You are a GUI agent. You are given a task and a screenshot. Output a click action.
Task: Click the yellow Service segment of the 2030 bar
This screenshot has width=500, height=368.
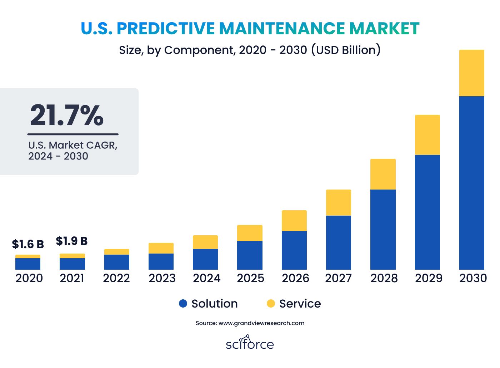click(472, 73)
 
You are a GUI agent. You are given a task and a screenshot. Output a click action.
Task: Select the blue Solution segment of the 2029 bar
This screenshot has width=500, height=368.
click(427, 212)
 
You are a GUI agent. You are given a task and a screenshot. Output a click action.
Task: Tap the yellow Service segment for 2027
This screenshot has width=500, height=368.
click(339, 202)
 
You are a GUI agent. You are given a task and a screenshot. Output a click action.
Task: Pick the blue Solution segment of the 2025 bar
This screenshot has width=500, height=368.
click(250, 255)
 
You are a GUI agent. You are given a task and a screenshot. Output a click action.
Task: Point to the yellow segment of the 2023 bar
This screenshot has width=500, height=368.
click(161, 248)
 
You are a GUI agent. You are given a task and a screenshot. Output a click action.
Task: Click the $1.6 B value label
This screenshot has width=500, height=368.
click(28, 244)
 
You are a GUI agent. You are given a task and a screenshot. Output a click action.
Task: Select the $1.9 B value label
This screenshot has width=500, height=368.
click(72, 241)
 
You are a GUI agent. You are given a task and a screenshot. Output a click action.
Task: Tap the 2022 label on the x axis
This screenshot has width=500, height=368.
click(116, 278)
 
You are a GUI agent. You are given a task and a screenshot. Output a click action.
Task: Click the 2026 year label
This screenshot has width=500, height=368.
click(295, 278)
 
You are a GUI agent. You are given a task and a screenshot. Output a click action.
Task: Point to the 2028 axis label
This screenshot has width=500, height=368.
click(384, 278)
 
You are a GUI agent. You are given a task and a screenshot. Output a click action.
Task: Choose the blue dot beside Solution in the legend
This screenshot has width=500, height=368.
click(183, 303)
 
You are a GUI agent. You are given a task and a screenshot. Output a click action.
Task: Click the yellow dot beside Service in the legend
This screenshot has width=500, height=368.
click(271, 303)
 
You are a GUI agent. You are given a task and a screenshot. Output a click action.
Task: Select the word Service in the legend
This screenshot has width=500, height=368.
click(300, 304)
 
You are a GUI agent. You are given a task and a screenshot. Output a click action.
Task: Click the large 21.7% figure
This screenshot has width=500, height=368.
click(66, 116)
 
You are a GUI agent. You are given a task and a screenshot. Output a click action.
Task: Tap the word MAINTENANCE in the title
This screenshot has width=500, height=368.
click(282, 28)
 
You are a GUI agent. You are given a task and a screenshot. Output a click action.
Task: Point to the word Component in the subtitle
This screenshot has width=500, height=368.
click(200, 50)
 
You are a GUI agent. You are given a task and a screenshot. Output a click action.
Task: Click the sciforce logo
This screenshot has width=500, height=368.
click(250, 343)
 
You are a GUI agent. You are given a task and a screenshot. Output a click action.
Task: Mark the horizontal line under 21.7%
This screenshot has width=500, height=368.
click(73, 134)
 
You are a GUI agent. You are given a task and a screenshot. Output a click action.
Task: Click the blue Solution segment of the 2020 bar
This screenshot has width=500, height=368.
click(28, 264)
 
